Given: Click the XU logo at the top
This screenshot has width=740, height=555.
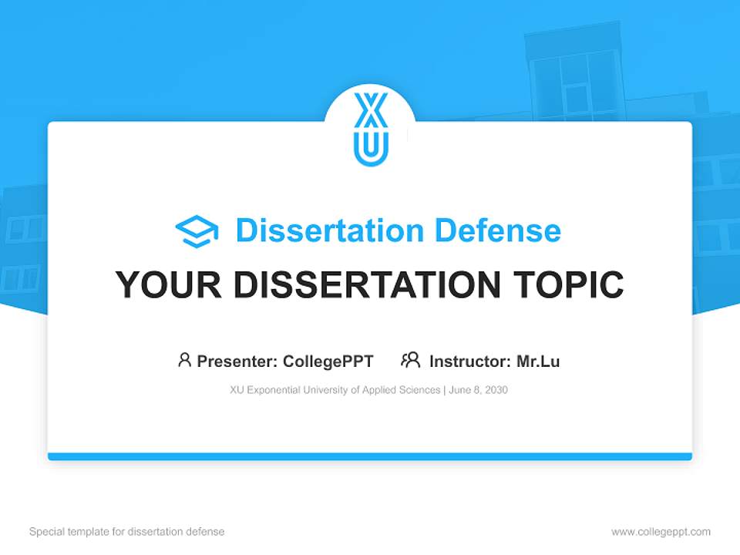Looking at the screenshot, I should pos(371,129).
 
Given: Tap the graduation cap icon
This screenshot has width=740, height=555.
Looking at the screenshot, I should pos(197,231).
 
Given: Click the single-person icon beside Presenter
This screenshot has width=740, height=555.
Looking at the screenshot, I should pos(184,360).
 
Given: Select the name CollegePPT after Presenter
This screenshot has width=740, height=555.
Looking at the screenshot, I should pos(328,361).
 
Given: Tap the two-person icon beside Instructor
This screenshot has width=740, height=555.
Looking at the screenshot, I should pos(411,360).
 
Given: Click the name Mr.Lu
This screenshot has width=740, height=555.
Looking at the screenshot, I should pos(538,361).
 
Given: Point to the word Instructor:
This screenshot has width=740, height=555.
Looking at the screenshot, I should pos(469,361).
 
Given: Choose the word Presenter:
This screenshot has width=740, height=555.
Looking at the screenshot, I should pos(237,361).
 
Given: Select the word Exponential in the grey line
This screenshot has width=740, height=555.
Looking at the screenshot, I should pos(274,390).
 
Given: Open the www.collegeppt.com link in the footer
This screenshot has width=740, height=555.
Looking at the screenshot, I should pos(661,532).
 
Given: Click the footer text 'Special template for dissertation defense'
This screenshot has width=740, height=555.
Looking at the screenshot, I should pos(127,532).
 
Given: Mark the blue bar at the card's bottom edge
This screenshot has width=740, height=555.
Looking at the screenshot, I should pos(370,456).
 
